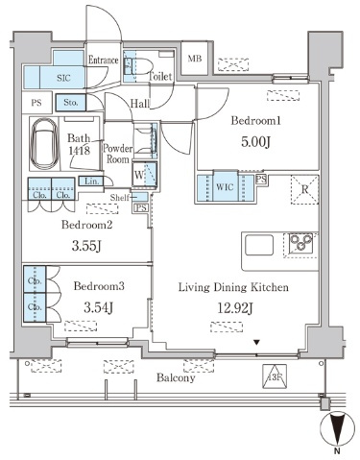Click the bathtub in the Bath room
[x=45, y=144]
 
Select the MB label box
[x=195, y=59]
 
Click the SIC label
[x=63, y=78]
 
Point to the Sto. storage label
[x=71, y=103]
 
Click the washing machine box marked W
[x=145, y=174]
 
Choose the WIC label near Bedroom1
[x=225, y=186]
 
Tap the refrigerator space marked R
[x=304, y=189]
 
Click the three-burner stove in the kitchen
[x=300, y=243]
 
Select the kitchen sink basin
[x=259, y=245]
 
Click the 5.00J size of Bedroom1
[x=256, y=142]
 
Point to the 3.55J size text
[x=86, y=246]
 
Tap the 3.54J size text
[x=98, y=307]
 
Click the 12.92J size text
[x=235, y=308]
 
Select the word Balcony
[x=176, y=378]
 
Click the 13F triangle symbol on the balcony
[x=275, y=376]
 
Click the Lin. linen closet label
[x=92, y=182]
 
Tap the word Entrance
[x=104, y=60]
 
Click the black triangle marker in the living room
[x=256, y=343]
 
